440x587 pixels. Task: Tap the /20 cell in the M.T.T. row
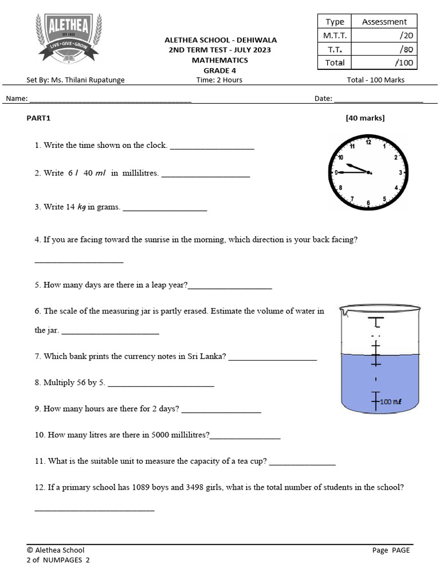click(x=384, y=36)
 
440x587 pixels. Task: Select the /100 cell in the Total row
click(x=384, y=62)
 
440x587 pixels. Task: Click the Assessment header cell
click(x=384, y=22)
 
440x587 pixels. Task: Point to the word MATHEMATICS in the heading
click(x=220, y=60)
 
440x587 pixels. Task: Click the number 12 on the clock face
click(x=368, y=142)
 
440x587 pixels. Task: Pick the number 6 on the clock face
click(x=368, y=202)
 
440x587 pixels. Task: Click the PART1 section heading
click(x=39, y=118)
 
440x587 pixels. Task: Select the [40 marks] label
click(x=365, y=118)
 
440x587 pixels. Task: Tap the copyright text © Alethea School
click(x=56, y=550)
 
